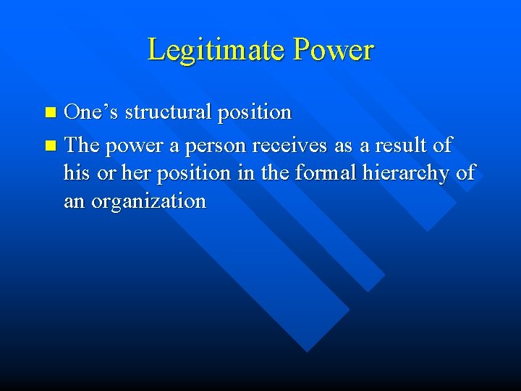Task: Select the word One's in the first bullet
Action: click(92, 112)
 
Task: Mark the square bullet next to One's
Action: click(50, 113)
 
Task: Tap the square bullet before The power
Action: click(50, 146)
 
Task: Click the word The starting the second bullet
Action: click(82, 145)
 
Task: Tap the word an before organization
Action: click(74, 201)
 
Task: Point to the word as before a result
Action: click(343, 146)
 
